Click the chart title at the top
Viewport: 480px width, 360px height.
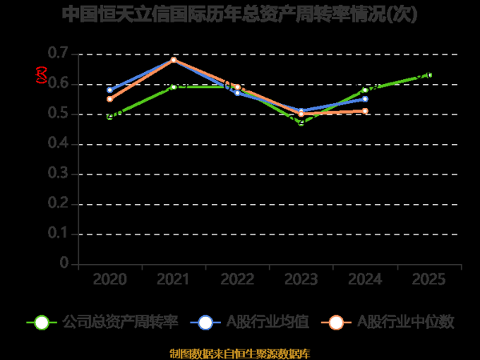tap(239, 14)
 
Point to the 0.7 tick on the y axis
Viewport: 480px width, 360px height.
tap(58, 54)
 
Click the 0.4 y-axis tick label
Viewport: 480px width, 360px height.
tap(58, 144)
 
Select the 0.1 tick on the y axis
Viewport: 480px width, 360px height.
tap(58, 234)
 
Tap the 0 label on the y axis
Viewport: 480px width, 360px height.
tap(65, 263)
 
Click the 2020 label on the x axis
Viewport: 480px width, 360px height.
tap(110, 280)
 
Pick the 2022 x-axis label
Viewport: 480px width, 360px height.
tap(238, 280)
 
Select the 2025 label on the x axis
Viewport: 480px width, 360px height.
tap(430, 280)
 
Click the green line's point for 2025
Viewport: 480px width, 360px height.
tap(430, 75)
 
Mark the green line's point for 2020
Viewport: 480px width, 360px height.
tap(110, 117)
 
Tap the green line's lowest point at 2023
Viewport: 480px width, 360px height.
tap(302, 122)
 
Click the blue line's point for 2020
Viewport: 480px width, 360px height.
tap(110, 90)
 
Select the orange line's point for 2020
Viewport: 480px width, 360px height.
tap(110, 99)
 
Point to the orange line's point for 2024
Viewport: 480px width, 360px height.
tap(366, 110)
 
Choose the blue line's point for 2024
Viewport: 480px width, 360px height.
tap(366, 98)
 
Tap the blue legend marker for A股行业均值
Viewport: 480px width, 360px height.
tap(206, 322)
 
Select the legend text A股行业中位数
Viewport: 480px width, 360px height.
tap(405, 322)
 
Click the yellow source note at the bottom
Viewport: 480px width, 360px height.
tap(239, 353)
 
